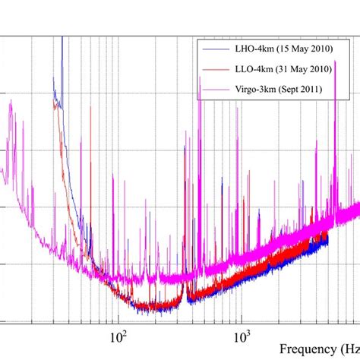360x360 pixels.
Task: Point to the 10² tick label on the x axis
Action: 117,336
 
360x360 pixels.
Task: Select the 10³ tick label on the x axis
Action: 241,336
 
